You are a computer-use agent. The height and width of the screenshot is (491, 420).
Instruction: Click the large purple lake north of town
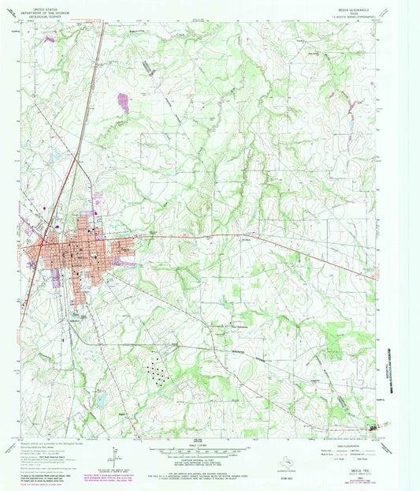coord(122,100)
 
